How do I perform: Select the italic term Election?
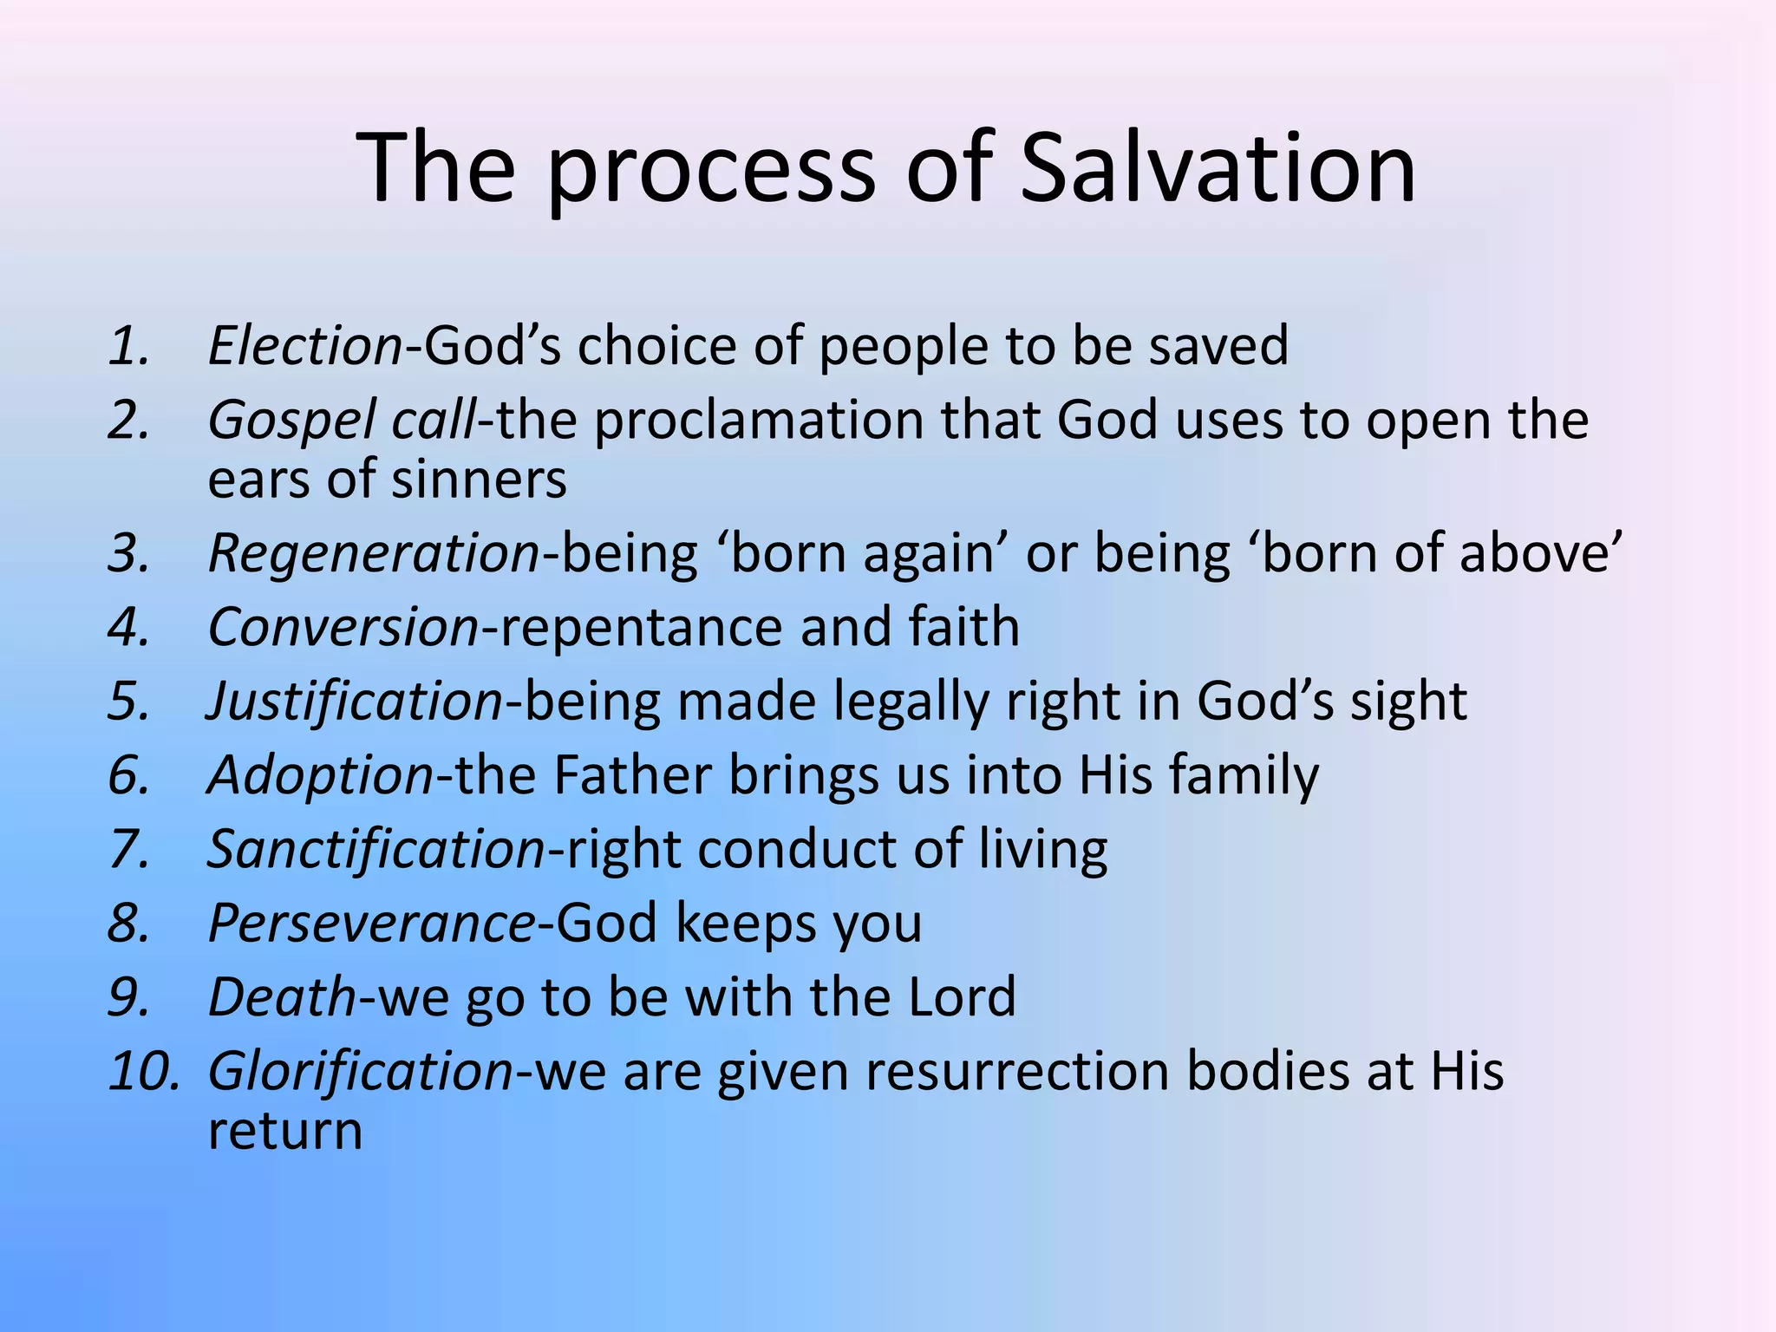coord(305,345)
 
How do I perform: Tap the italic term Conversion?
coord(343,627)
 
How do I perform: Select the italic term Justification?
coord(355,701)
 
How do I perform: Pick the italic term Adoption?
coord(320,775)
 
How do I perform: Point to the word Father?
coord(631,774)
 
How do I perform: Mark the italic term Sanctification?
coord(375,849)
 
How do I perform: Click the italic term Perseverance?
coord(372,924)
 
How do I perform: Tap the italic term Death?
coord(282,996)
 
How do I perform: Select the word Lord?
coord(961,996)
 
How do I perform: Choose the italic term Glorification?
coord(361,1072)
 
